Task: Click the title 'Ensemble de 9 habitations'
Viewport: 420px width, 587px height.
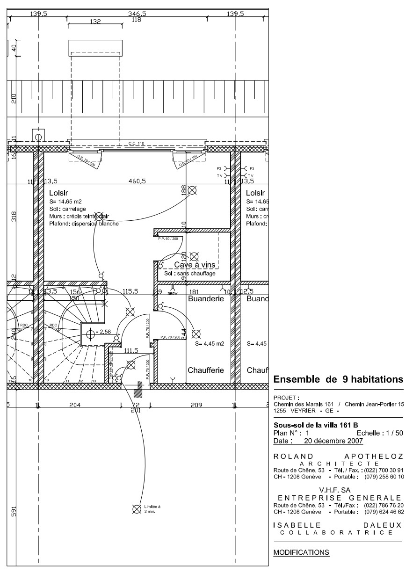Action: coord(338,379)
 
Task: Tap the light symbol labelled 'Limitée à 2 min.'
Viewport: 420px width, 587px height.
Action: coord(137,509)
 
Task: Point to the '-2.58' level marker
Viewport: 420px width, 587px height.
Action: coord(102,332)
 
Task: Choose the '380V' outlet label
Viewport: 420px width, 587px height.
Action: coord(173,294)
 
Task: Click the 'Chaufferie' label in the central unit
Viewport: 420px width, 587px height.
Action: coord(206,370)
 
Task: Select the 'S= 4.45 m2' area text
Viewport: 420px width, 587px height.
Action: coord(209,344)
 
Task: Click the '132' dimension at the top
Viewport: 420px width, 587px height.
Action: coord(95,22)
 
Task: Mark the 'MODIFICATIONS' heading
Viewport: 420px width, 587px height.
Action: coord(301,552)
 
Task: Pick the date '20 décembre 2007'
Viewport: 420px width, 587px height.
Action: coord(333,441)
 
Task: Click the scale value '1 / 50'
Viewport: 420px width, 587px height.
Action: coord(392,433)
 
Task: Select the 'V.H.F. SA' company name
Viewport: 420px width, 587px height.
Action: coord(338,490)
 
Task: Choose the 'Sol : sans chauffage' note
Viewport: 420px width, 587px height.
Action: coord(189,273)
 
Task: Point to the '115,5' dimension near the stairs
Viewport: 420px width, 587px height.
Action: coord(130,291)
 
